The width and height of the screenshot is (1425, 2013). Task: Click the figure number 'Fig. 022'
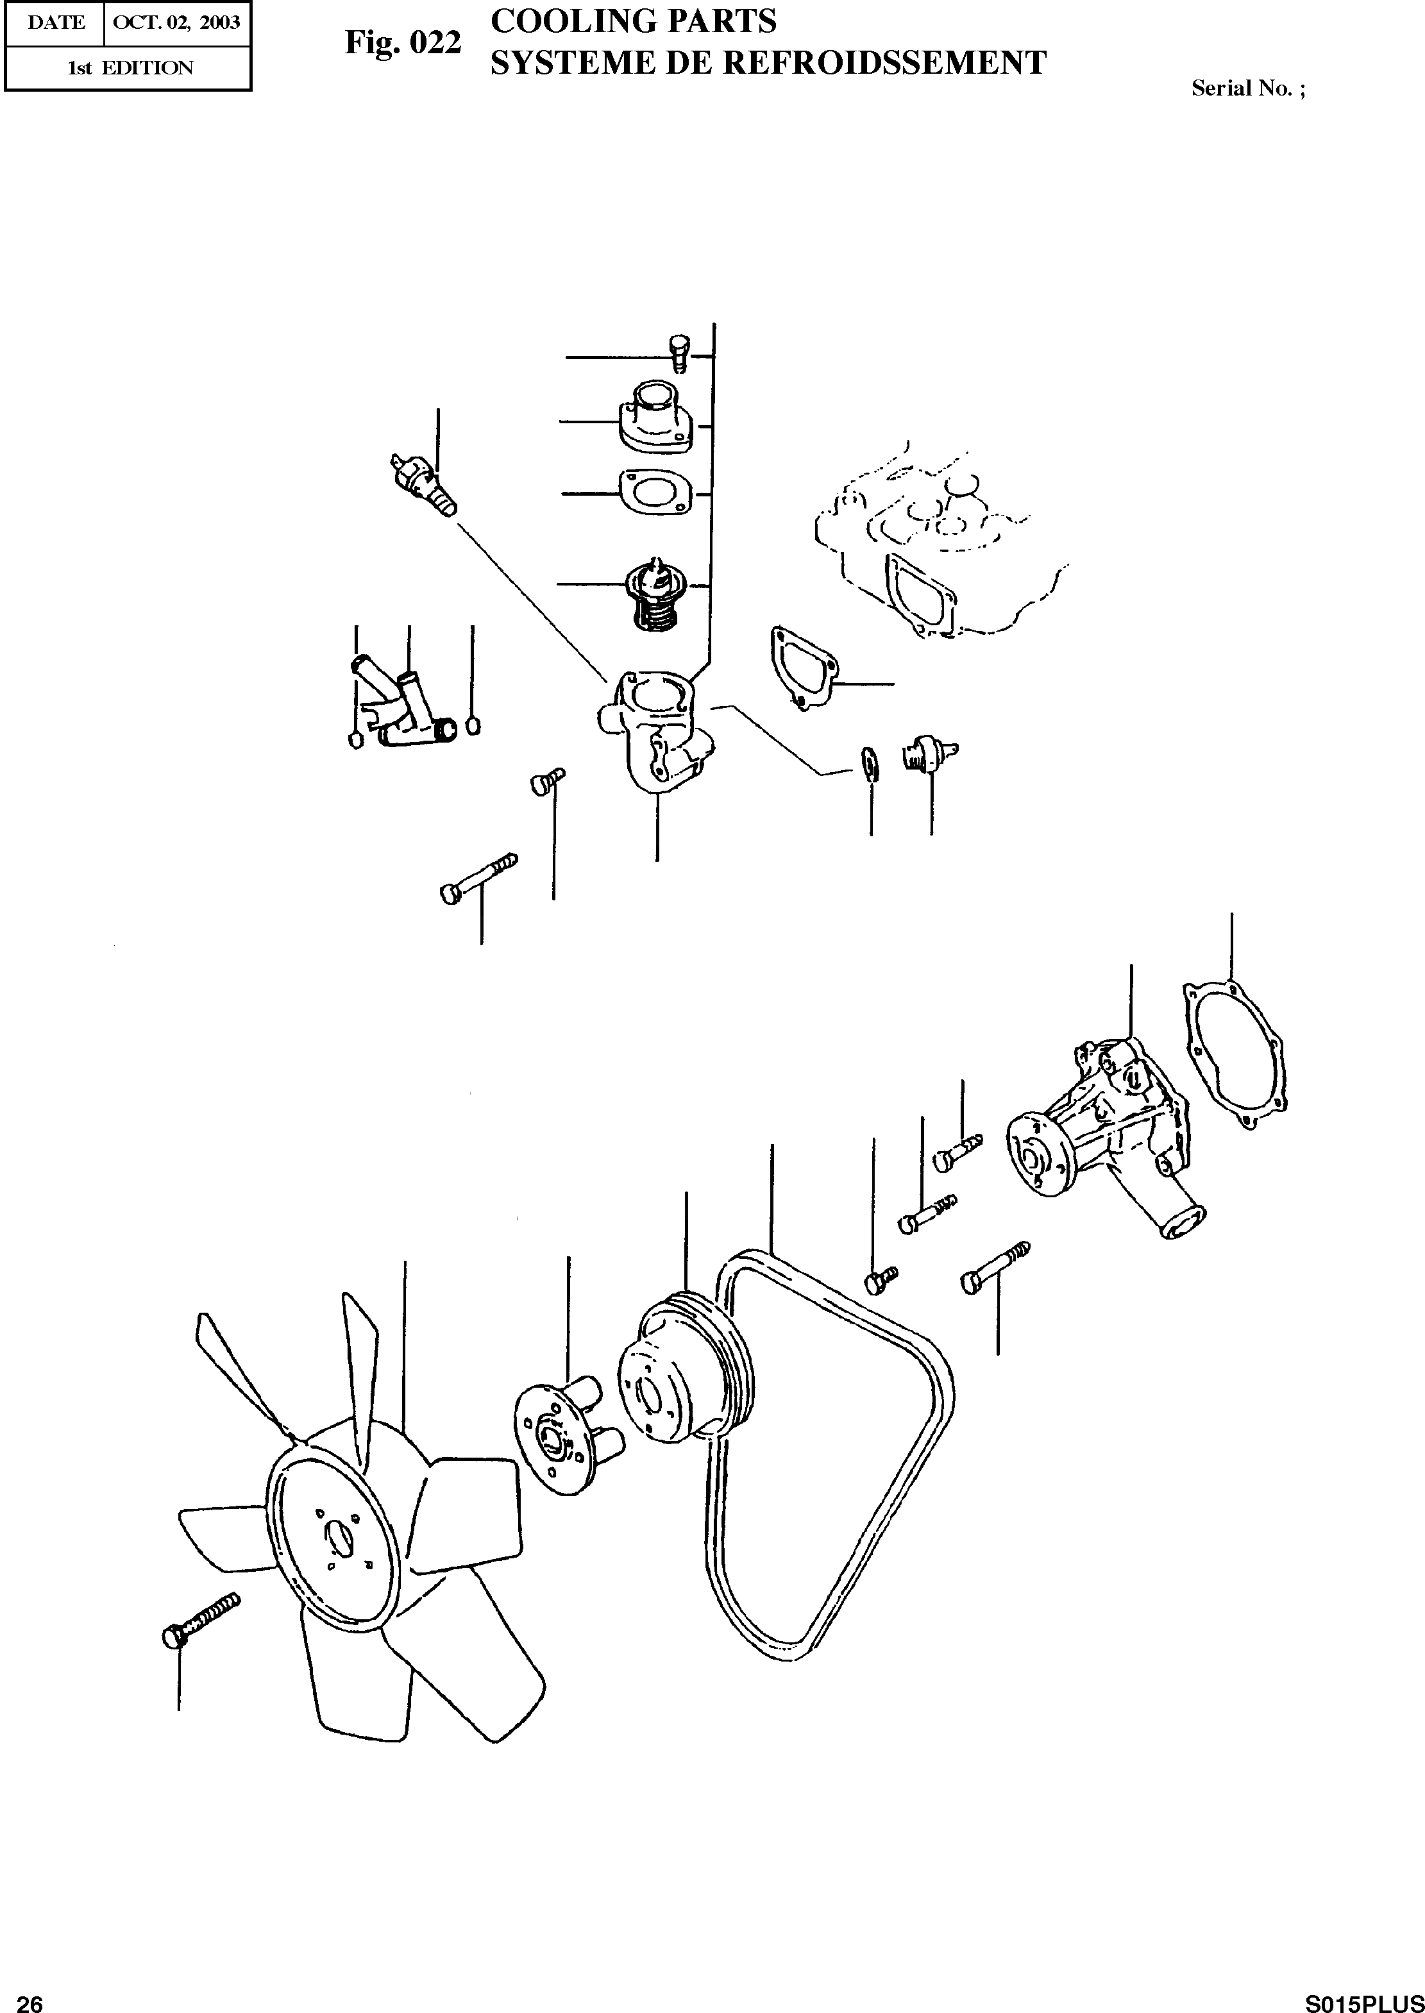tap(403, 43)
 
